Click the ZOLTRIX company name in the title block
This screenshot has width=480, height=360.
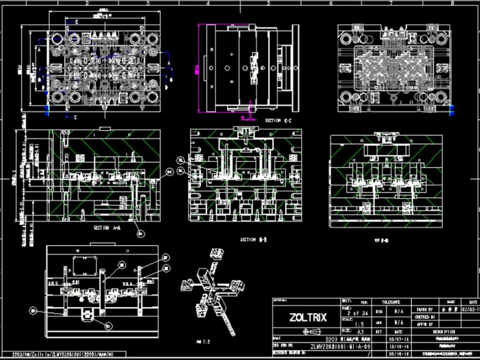[308, 317]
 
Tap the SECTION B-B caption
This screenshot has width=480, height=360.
[253, 239]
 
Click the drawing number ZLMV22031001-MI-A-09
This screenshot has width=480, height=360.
[340, 346]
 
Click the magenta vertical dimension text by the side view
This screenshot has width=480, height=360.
[196, 67]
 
